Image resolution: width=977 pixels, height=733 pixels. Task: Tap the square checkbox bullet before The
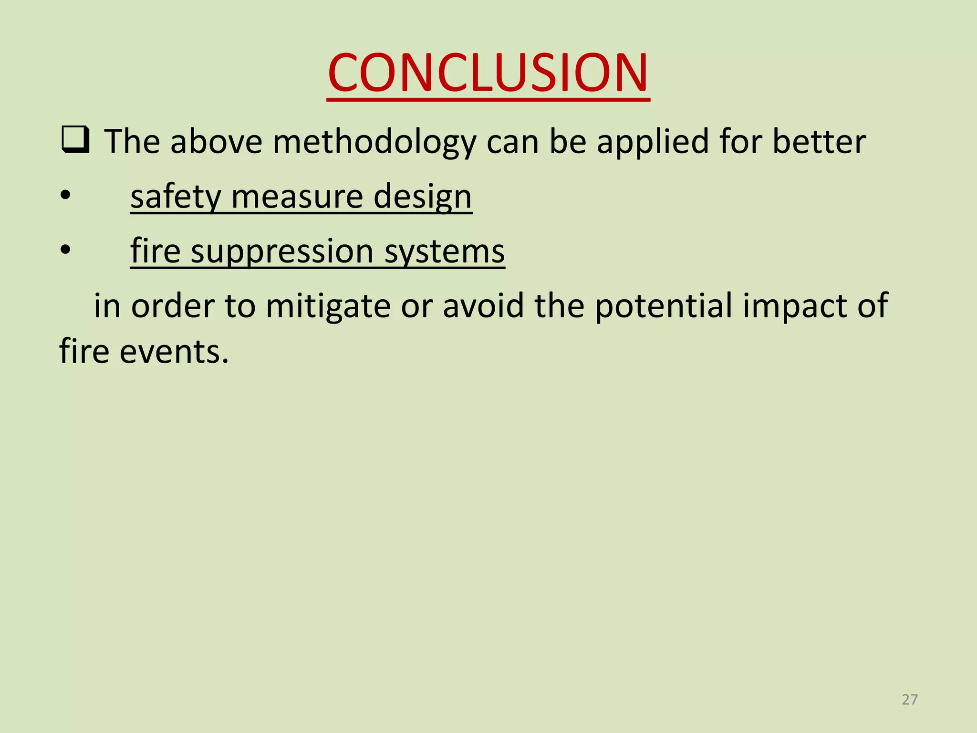tap(75, 140)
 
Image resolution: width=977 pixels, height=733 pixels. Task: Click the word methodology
tap(374, 142)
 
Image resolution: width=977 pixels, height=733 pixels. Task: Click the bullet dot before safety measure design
tap(65, 195)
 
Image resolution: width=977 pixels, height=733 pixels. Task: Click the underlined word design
tap(423, 197)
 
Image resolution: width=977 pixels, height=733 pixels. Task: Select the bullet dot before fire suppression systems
tap(65, 250)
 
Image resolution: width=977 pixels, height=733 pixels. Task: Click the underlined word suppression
tap(282, 251)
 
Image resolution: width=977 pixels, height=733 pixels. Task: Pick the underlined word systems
tap(444, 251)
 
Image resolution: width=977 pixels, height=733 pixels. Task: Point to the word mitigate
tap(328, 306)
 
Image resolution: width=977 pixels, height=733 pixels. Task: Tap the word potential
tap(663, 306)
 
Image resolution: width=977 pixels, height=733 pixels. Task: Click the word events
tap(174, 351)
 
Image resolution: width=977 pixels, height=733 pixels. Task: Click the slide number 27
tap(910, 700)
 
